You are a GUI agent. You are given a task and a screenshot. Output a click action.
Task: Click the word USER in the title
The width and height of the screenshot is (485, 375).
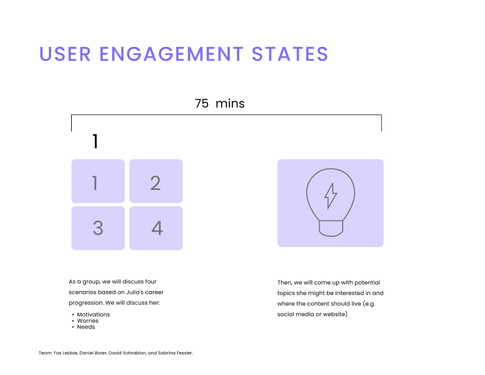tap(65, 54)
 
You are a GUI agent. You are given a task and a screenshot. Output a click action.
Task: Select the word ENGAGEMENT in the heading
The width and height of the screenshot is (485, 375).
tap(171, 54)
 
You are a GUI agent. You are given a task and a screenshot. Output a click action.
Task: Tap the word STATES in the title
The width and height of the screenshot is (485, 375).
tap(290, 54)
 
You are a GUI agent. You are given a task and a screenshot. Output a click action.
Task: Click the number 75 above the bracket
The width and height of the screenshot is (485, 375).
tap(202, 103)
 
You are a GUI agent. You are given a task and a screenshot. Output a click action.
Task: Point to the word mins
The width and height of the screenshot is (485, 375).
tap(230, 103)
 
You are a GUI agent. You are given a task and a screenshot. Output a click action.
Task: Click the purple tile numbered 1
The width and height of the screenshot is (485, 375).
tap(98, 181)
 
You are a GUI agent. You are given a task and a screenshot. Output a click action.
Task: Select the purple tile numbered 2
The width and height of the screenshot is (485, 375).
tap(156, 181)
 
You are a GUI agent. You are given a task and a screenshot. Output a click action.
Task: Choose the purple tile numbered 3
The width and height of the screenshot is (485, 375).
tap(98, 228)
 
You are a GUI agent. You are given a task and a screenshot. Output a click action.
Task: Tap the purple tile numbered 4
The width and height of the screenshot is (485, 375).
tap(156, 228)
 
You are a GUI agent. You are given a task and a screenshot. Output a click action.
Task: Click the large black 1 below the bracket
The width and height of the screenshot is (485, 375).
tap(95, 141)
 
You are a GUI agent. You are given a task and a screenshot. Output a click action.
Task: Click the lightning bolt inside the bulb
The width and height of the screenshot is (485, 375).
tap(330, 196)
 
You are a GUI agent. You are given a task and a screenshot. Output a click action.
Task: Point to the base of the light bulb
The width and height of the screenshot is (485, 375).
tap(331, 229)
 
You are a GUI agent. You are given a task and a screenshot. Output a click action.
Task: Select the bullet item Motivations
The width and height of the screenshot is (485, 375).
tap(93, 314)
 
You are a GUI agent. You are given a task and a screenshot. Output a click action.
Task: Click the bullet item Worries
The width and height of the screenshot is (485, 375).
tap(88, 320)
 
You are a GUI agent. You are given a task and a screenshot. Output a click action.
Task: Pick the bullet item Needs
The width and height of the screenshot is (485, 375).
tap(86, 327)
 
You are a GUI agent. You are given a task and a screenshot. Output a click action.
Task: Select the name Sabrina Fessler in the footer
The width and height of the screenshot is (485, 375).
tap(175, 353)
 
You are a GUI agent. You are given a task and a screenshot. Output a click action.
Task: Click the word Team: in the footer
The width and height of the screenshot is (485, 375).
tap(45, 353)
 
